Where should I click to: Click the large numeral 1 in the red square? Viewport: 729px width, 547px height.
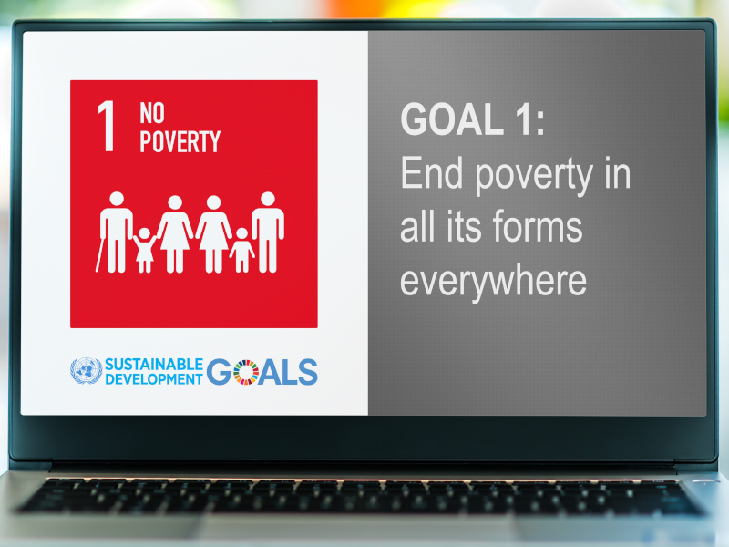click(x=108, y=126)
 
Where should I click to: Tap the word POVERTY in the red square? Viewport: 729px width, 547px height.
click(x=180, y=141)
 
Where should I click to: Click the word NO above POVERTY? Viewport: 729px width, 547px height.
click(x=152, y=113)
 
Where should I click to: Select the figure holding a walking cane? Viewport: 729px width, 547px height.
click(x=115, y=232)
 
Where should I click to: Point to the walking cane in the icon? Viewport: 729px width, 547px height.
click(x=99, y=254)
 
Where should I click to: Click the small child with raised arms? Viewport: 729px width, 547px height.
click(x=145, y=250)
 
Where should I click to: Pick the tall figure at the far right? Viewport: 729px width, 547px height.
click(x=268, y=232)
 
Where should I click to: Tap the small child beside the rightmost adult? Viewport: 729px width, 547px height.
click(x=241, y=250)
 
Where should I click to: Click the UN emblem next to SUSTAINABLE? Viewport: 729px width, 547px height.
click(x=86, y=371)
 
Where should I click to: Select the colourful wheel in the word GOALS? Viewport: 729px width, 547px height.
click(x=246, y=372)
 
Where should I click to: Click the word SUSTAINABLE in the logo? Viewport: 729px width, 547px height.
click(x=154, y=364)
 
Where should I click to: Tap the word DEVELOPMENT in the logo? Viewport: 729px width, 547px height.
click(x=154, y=379)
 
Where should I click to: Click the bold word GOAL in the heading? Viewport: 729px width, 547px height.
click(x=452, y=119)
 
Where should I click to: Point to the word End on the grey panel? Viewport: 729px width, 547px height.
click(x=432, y=173)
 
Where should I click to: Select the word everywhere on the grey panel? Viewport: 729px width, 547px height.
click(x=493, y=281)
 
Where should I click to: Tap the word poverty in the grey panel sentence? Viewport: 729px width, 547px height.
click(x=534, y=176)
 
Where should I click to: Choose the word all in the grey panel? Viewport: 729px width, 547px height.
click(x=417, y=226)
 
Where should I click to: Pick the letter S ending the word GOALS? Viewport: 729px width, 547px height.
click(x=308, y=372)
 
